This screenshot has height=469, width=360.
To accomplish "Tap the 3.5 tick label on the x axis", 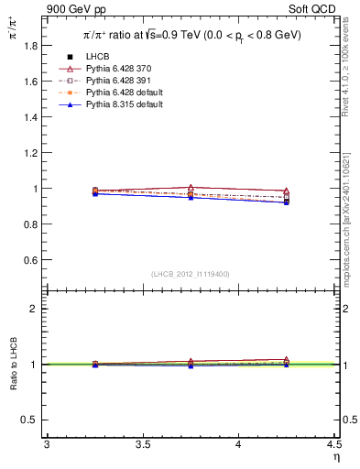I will [x=142, y=444].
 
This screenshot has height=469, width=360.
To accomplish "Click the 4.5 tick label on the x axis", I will [x=333, y=444].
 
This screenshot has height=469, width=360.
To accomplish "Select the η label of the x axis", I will [x=335, y=456].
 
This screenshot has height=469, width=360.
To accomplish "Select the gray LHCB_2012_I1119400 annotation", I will [x=191, y=274].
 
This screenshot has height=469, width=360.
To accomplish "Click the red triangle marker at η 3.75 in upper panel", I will [x=191, y=188].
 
